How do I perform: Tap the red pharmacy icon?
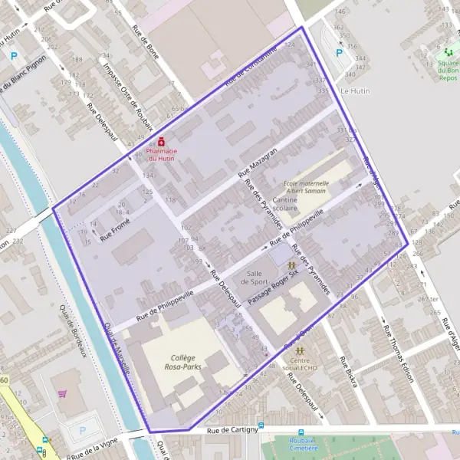(x=161, y=142)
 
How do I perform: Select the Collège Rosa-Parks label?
(x=183, y=363)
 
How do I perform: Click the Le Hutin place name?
(x=354, y=90)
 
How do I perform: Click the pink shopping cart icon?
(x=61, y=394)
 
